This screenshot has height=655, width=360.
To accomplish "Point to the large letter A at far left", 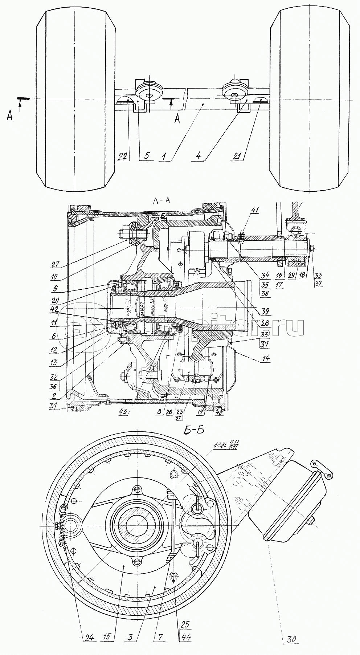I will coord(10,116).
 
